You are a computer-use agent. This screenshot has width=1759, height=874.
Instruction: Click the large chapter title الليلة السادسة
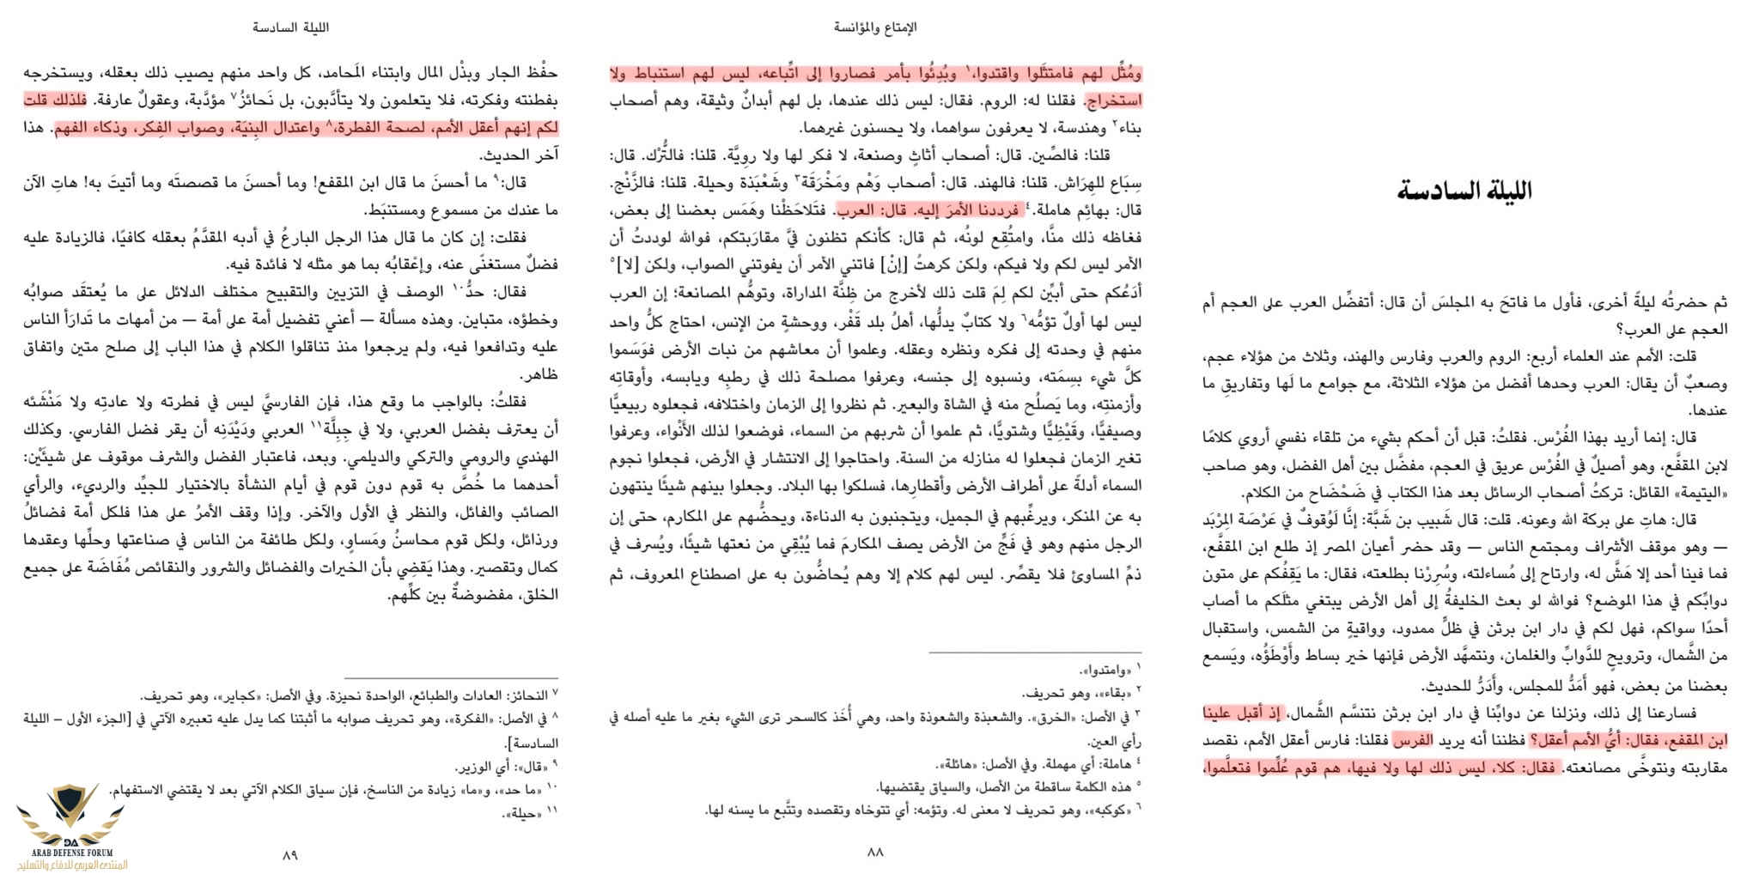1464,191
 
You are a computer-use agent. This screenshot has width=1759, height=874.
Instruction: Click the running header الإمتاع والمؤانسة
875,27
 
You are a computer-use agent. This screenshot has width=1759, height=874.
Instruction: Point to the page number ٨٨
875,852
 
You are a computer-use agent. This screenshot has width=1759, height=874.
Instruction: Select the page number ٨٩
289,854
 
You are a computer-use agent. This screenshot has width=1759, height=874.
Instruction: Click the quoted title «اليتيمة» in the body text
1698,493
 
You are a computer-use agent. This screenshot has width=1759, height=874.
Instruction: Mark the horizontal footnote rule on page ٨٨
1035,652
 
